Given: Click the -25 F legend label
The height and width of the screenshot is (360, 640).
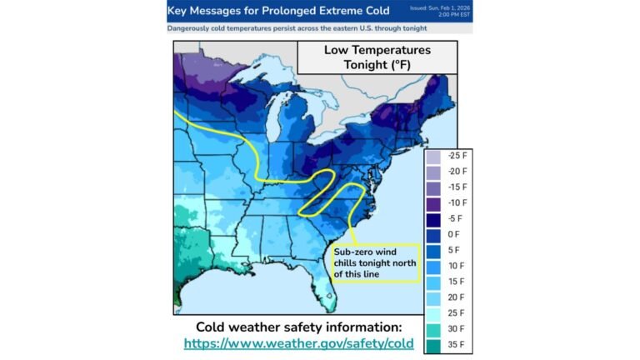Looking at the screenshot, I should point(457,156).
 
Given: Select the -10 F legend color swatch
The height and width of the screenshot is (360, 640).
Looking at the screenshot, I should point(433,203).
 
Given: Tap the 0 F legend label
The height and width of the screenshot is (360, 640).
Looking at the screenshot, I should point(454,234).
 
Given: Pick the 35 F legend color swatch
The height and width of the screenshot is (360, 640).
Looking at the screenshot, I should point(433,344).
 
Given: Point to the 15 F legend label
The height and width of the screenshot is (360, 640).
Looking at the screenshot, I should point(457,282).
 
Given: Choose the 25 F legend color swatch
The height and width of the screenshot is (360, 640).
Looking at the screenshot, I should point(433,312).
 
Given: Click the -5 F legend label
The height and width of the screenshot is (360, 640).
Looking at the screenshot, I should point(456,219).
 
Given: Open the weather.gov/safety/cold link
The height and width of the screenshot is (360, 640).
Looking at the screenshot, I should point(298,342).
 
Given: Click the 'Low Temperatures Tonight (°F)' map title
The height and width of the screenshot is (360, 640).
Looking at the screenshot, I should point(377,57).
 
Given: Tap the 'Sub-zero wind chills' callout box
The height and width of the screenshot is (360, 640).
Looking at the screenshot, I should point(372,262).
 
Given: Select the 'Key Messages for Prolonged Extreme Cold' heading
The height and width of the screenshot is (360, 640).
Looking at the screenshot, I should point(278,12).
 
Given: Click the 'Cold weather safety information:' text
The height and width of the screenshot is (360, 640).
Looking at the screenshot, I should point(298,326).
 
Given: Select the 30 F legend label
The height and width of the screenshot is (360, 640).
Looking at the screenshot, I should point(457,328).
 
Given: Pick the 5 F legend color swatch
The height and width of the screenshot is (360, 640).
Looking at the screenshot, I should point(433,250).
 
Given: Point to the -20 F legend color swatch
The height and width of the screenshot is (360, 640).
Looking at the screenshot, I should point(433,172).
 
